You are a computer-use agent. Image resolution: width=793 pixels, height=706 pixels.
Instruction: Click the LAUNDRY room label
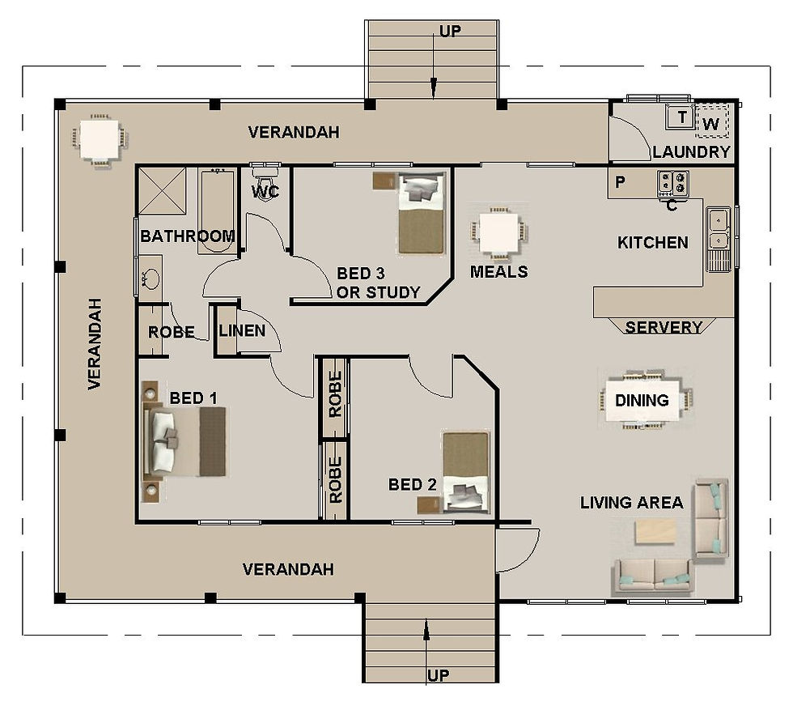click(691, 152)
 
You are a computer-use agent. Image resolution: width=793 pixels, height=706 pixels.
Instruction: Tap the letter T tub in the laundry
click(681, 118)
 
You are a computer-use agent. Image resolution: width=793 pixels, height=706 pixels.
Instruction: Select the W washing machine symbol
click(711, 123)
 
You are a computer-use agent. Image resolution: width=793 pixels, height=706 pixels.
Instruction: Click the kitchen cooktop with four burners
click(673, 184)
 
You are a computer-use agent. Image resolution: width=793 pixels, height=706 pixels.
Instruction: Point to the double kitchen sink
click(719, 229)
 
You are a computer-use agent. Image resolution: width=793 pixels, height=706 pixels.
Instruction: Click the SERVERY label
click(664, 327)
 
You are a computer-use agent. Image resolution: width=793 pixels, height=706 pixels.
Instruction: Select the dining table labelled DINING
click(646, 399)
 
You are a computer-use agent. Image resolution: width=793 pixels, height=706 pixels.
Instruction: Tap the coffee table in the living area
click(655, 531)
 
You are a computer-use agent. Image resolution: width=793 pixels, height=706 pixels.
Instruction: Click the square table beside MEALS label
click(498, 232)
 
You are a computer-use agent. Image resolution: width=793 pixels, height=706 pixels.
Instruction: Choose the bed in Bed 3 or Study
click(422, 213)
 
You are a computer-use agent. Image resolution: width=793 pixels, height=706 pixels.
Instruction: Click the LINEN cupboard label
click(242, 330)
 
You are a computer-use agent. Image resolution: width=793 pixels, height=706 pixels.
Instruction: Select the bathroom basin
click(151, 279)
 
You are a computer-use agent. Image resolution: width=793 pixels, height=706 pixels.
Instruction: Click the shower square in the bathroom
click(161, 191)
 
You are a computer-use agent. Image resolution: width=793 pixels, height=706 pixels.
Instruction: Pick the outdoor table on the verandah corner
click(99, 141)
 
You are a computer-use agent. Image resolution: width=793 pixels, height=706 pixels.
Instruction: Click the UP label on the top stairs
click(450, 32)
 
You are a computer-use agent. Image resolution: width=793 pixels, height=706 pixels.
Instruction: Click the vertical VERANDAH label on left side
click(95, 344)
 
